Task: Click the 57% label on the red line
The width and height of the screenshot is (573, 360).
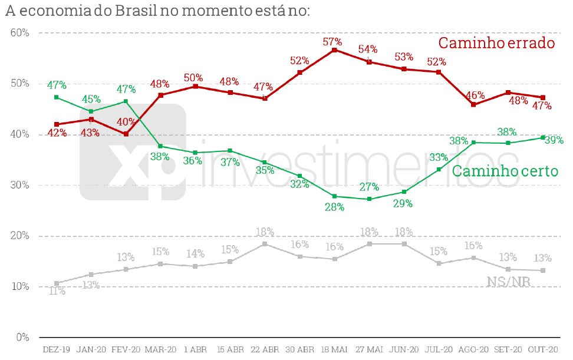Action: click(x=332, y=42)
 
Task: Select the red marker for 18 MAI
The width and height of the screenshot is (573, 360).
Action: click(x=334, y=50)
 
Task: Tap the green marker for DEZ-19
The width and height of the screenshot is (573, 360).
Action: click(x=56, y=97)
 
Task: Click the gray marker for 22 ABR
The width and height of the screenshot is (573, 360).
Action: click(x=265, y=244)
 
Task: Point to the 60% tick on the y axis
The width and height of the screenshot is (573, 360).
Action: click(x=20, y=32)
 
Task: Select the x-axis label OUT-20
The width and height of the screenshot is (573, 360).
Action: click(x=542, y=349)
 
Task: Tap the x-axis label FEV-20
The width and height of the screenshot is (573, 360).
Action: click(x=126, y=349)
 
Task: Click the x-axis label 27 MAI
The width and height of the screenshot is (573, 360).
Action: click(x=369, y=349)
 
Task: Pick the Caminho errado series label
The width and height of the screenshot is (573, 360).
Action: click(x=497, y=43)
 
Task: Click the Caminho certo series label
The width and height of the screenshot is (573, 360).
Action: click(x=505, y=171)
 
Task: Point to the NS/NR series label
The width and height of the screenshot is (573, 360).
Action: click(x=508, y=282)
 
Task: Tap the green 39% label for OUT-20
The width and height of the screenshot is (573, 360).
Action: click(x=554, y=140)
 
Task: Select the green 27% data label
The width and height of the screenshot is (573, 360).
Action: click(x=369, y=187)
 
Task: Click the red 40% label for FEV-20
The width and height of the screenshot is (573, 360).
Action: click(x=124, y=123)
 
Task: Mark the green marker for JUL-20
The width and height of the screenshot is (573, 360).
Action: click(x=439, y=170)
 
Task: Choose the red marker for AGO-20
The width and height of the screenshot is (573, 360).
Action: click(x=473, y=104)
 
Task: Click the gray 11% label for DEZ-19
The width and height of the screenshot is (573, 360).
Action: click(x=57, y=291)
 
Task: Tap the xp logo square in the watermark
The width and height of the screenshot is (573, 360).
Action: click(x=133, y=152)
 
